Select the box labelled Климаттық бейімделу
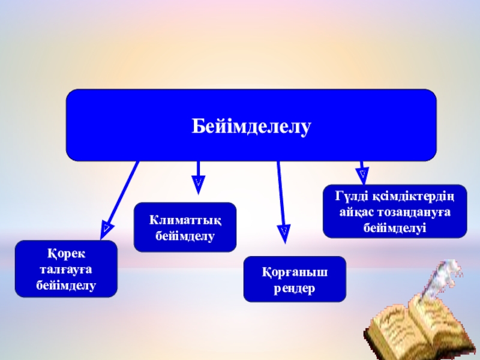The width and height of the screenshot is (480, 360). (x=185, y=227)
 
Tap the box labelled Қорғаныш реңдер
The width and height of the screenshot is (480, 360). (x=295, y=279)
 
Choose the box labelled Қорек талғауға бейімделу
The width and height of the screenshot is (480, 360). (x=66, y=269)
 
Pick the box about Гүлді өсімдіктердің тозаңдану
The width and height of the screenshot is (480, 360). (x=394, y=211)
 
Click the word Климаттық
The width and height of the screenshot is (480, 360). (x=185, y=220)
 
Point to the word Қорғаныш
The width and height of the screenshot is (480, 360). (x=295, y=273)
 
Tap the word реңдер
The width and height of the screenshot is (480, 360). (x=295, y=287)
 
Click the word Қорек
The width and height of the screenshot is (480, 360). (x=65, y=254)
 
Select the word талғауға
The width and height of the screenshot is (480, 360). (x=65, y=269)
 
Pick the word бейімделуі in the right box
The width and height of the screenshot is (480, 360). (x=394, y=227)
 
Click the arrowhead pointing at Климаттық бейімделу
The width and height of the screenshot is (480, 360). (x=198, y=183)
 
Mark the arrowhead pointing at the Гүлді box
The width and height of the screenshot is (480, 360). (x=363, y=175)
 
